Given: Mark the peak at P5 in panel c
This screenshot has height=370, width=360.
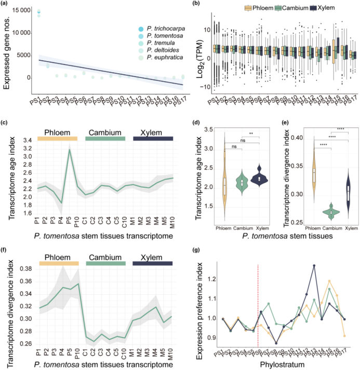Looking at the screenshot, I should (69, 150).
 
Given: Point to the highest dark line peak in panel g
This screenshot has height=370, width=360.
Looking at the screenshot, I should (314, 266).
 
